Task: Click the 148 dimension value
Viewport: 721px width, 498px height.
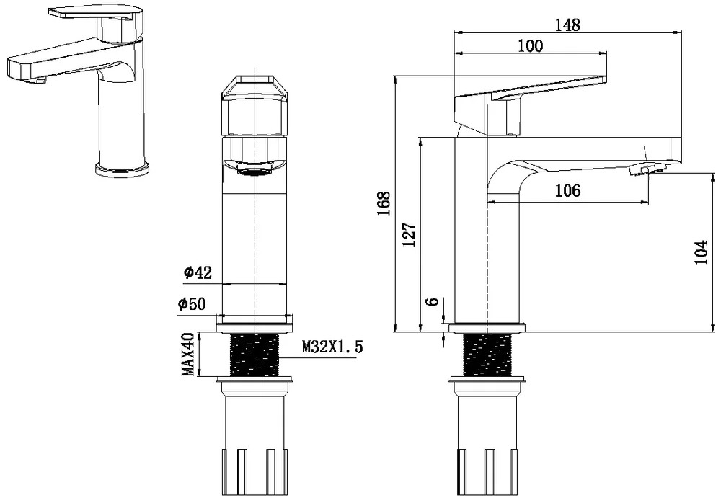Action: point(567,25)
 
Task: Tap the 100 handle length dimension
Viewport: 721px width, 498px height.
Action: point(531,45)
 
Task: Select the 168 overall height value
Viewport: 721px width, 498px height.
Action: point(384,204)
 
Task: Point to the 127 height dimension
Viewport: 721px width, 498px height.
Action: point(410,234)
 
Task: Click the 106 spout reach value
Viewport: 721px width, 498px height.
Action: point(568,190)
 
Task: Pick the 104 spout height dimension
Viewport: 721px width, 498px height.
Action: point(702,252)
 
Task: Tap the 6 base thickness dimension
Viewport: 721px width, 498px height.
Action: point(432,302)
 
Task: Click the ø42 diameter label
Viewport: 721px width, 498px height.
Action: point(198,272)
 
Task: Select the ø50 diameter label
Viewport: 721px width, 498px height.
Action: point(193,303)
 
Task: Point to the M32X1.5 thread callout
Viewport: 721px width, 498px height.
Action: point(332,347)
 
